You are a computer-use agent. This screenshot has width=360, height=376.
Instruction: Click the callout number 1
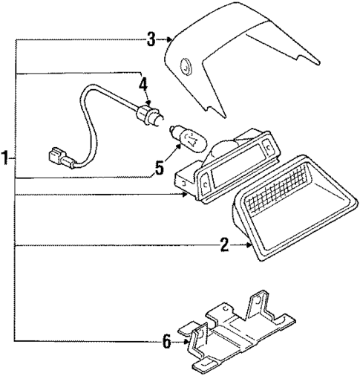(6, 158)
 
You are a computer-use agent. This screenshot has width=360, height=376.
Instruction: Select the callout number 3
(151, 39)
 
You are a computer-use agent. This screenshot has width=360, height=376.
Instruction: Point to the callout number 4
(143, 84)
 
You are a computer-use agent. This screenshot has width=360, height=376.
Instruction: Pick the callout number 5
(159, 169)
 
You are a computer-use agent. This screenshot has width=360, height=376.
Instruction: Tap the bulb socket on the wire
(146, 114)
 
